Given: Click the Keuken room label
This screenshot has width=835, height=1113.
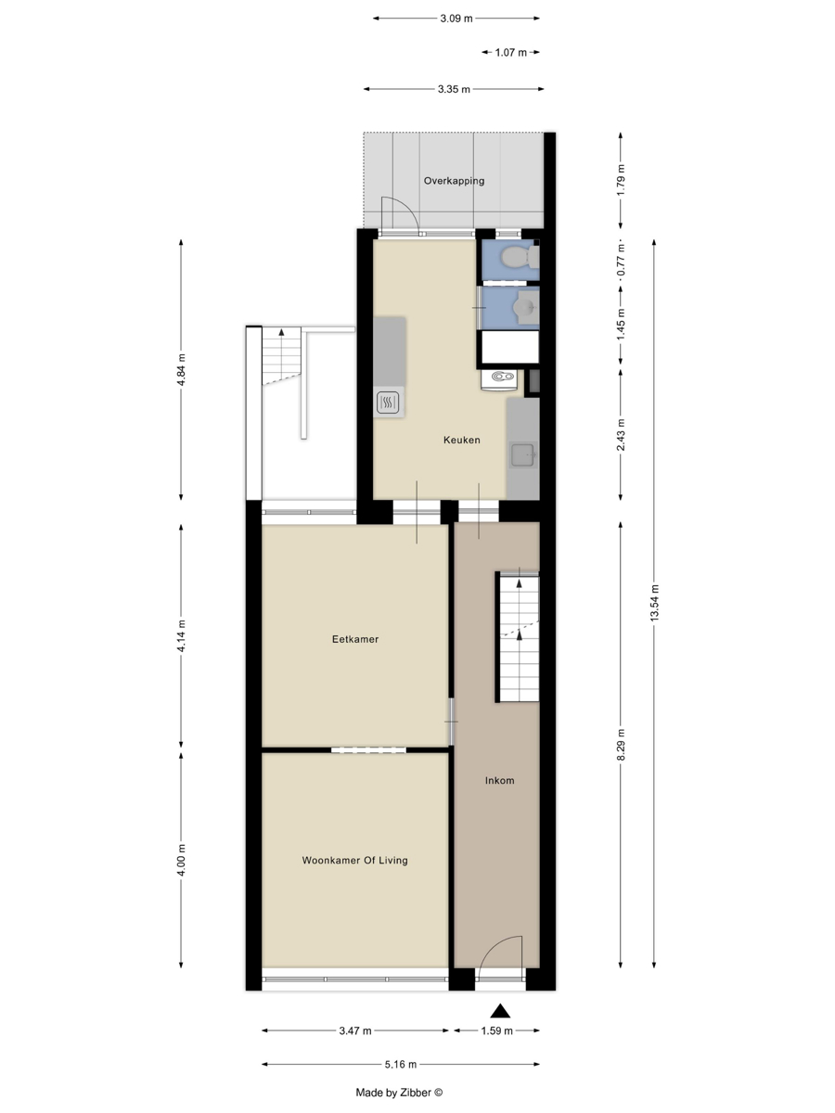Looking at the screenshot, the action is (x=461, y=440).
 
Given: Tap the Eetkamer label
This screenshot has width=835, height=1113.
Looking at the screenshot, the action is (x=355, y=639).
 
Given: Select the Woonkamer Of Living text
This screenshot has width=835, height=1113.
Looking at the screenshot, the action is (x=355, y=860).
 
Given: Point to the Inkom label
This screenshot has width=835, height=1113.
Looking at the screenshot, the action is (x=499, y=780).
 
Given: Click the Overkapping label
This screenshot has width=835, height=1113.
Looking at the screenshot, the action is (x=454, y=181).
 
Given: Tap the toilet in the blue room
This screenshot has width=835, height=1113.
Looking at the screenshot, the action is (x=519, y=257).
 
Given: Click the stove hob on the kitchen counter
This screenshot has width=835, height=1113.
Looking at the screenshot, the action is (x=388, y=403).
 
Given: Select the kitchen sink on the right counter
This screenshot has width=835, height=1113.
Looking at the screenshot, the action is (x=522, y=454).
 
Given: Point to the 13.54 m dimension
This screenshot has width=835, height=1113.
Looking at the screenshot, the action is (x=654, y=603).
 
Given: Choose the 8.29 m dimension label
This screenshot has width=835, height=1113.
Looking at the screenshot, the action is (x=621, y=745).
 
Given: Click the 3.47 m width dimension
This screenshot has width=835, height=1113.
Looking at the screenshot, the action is (x=355, y=1030).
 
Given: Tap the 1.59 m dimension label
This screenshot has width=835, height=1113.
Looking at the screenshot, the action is (x=496, y=1030).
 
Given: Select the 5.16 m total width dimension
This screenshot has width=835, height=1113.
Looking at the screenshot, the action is (x=401, y=1065).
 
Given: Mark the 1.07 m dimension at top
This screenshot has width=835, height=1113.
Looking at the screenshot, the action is (x=510, y=52).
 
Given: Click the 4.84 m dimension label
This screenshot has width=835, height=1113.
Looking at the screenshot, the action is (x=181, y=370).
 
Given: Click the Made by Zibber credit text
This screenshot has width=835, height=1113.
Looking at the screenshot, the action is (x=399, y=1093).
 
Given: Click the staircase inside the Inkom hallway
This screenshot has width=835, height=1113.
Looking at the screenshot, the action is (x=519, y=637).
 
